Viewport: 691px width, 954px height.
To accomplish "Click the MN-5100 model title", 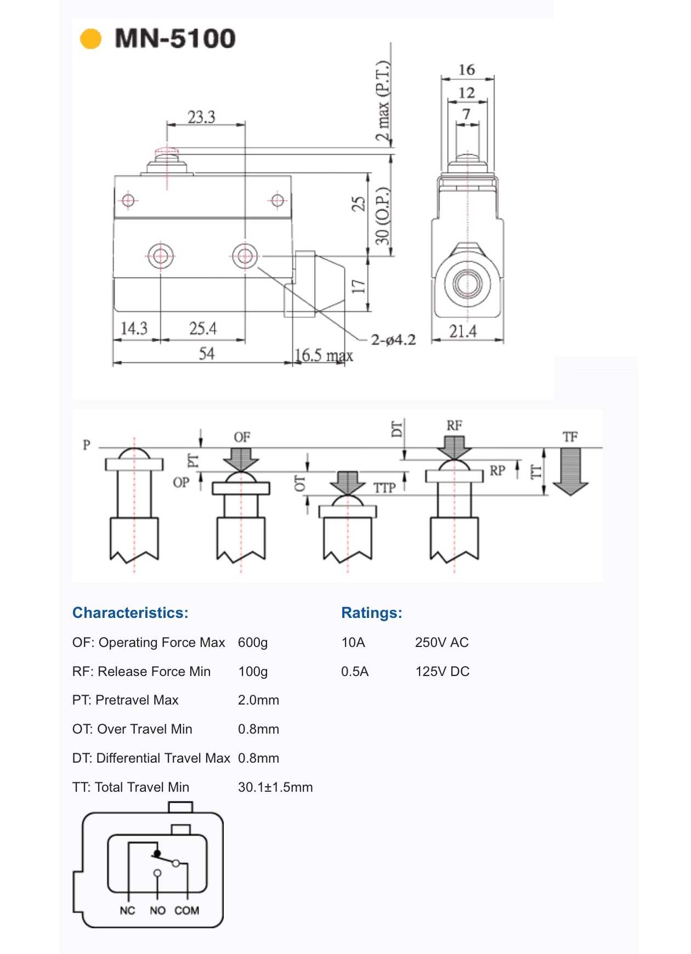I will coord(175,38).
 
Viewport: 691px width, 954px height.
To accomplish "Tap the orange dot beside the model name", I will coord(91,39).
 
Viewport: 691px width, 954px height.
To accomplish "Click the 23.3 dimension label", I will coord(201,117).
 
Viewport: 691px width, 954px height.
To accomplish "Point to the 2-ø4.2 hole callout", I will coord(393,340).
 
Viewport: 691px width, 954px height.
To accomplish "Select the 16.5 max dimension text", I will coord(324,355).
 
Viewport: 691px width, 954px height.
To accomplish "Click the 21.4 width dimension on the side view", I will coord(463,331).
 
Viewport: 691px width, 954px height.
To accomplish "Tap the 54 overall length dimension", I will coord(206,353).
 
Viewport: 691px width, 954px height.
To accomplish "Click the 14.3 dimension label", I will coord(134,328).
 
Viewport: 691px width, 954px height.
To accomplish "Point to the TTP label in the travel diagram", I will coord(384,488).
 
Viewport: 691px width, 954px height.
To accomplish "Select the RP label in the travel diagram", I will coord(497,470).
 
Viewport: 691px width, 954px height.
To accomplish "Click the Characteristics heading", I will coord(130,613).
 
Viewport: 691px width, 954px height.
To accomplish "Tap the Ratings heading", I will coord(371,613).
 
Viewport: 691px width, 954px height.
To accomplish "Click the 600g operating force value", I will coord(253,643).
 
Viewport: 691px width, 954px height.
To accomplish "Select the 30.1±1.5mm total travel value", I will coord(275,787).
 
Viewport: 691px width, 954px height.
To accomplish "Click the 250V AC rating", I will coord(441,643).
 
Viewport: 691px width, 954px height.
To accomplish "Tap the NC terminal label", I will coord(127,911).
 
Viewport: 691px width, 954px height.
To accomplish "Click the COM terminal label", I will coord(186,911).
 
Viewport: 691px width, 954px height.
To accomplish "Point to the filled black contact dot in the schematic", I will coord(157,854).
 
